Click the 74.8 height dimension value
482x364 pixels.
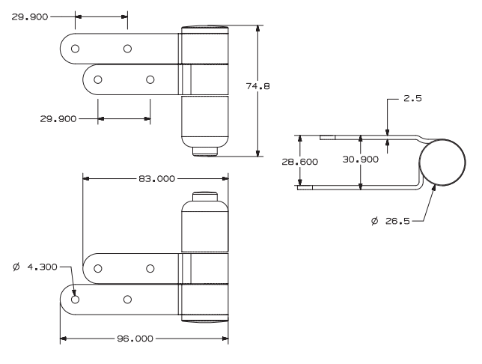click(257, 86)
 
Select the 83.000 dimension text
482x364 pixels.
click(156, 179)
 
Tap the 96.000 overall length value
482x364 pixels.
click(135, 339)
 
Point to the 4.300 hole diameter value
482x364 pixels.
click(42, 267)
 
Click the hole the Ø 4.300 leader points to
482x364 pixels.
click(75, 300)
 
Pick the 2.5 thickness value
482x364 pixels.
click(412, 98)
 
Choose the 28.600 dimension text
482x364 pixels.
click(299, 162)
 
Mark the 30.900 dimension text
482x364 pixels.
click(360, 160)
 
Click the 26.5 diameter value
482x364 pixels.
click(397, 221)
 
